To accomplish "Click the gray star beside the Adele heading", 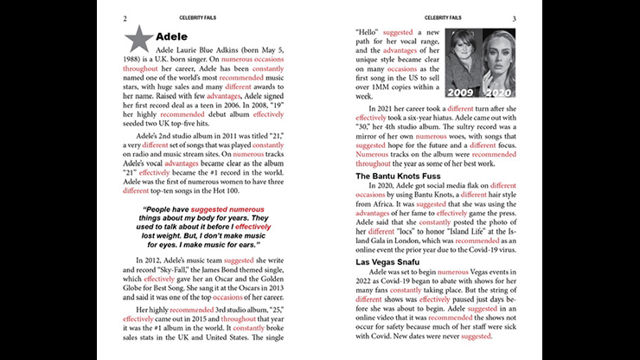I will pos(138,37).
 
